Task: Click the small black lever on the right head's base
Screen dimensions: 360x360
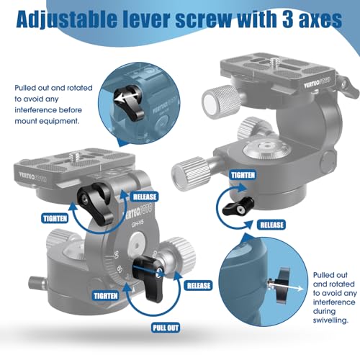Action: coord(234,209)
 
